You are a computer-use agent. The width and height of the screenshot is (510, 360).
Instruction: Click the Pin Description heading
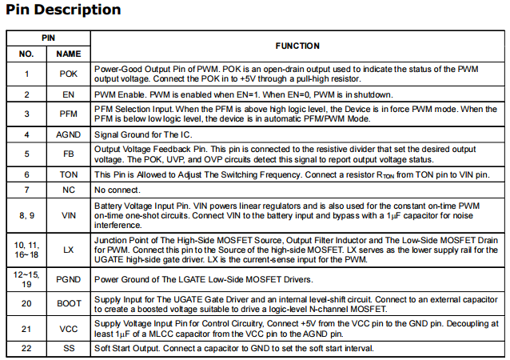64,10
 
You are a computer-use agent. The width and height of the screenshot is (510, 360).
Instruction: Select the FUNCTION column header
297,46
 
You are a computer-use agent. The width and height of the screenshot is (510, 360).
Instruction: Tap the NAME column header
69,54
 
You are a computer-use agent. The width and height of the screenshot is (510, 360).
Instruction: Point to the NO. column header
26,54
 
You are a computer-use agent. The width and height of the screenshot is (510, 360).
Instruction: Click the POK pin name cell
69,74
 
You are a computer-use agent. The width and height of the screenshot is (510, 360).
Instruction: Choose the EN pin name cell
69,94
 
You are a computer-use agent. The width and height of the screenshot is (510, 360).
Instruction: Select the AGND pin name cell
69,134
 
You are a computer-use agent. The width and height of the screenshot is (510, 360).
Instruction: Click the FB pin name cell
69,154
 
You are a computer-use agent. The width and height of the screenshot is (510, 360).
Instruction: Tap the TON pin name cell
69,174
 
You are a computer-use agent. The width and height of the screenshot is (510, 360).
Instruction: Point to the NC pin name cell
69,190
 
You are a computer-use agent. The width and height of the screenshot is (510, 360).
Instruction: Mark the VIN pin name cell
69,214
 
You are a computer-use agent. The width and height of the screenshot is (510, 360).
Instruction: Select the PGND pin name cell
69,279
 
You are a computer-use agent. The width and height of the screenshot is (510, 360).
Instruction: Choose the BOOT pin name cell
69,303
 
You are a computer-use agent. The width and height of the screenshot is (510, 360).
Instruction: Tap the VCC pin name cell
69,328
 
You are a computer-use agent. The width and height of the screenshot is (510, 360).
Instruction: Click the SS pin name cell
69,349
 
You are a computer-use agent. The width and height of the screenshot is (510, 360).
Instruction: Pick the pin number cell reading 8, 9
26,214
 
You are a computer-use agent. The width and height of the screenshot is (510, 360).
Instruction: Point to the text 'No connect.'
117,190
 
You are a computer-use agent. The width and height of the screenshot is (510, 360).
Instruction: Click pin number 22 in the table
26,349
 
